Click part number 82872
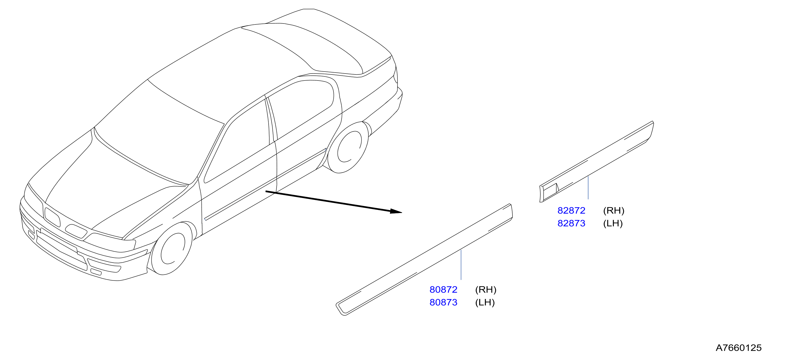571,211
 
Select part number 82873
571,223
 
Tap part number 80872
443,290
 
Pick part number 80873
443,303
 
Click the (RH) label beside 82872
614,211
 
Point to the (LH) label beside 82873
613,223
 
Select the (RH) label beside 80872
486,290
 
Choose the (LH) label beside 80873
485,303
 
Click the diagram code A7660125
739,348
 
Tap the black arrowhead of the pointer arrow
396,211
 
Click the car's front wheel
172,249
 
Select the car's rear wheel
348,147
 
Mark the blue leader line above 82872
588,188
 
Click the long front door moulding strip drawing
424,260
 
